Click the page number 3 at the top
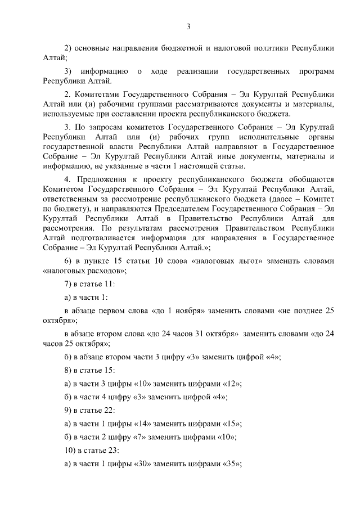click(188, 26)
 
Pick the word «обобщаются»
click(304, 177)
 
